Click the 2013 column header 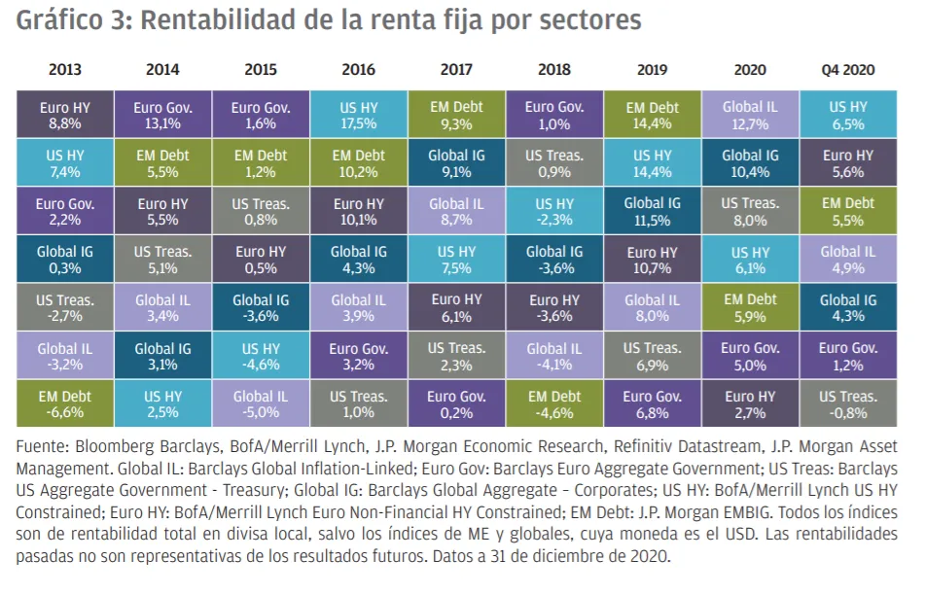click(x=64, y=70)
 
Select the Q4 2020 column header click(x=847, y=70)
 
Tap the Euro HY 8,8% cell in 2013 click(x=64, y=116)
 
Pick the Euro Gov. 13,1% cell click(x=162, y=116)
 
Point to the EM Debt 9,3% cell click(x=456, y=116)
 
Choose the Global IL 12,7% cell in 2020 click(x=750, y=116)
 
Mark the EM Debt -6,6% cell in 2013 click(x=64, y=404)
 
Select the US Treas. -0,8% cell click(x=847, y=404)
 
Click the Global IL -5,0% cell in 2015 click(x=260, y=404)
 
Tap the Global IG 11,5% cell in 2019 click(x=652, y=212)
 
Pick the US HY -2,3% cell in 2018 click(x=554, y=212)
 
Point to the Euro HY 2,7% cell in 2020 click(x=750, y=404)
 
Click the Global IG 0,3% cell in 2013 click(x=64, y=261)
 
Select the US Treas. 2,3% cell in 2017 click(x=456, y=357)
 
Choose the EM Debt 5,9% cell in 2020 click(x=750, y=308)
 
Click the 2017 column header click(x=456, y=70)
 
